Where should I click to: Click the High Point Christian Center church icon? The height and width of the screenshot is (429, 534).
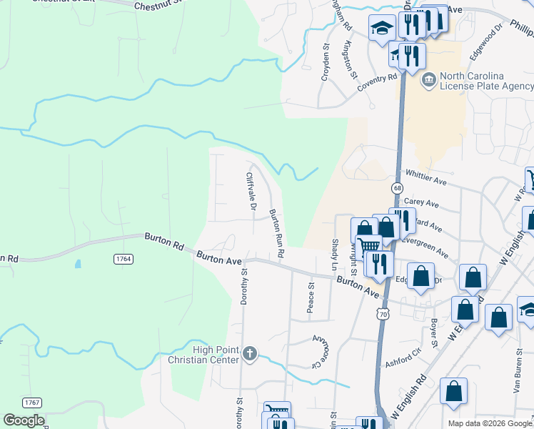(250, 352)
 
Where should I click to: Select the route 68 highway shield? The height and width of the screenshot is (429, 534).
(397, 187)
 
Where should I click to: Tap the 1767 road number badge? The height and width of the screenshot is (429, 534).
(31, 403)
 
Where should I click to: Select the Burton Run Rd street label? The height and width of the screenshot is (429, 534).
(276, 233)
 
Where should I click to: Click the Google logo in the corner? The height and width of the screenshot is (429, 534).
(23, 420)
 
